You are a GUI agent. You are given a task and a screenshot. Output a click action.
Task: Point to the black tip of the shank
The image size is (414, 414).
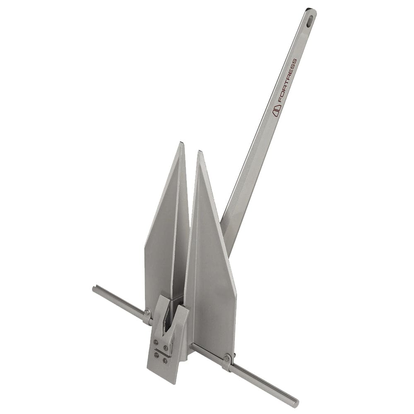tap(309, 9)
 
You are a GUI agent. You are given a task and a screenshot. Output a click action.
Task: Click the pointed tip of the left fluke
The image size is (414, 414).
tap(181, 144)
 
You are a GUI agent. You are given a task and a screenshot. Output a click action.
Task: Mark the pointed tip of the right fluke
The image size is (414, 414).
tap(200, 152)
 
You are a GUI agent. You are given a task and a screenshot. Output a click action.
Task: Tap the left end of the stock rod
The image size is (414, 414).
tap(95, 289)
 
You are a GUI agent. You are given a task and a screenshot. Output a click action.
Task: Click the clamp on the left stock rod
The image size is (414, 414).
tap(147, 317)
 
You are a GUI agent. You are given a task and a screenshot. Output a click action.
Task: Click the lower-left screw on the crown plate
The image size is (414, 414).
tap(156, 355)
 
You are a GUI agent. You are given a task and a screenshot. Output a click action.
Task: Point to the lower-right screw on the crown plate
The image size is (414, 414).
tap(165, 361)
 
